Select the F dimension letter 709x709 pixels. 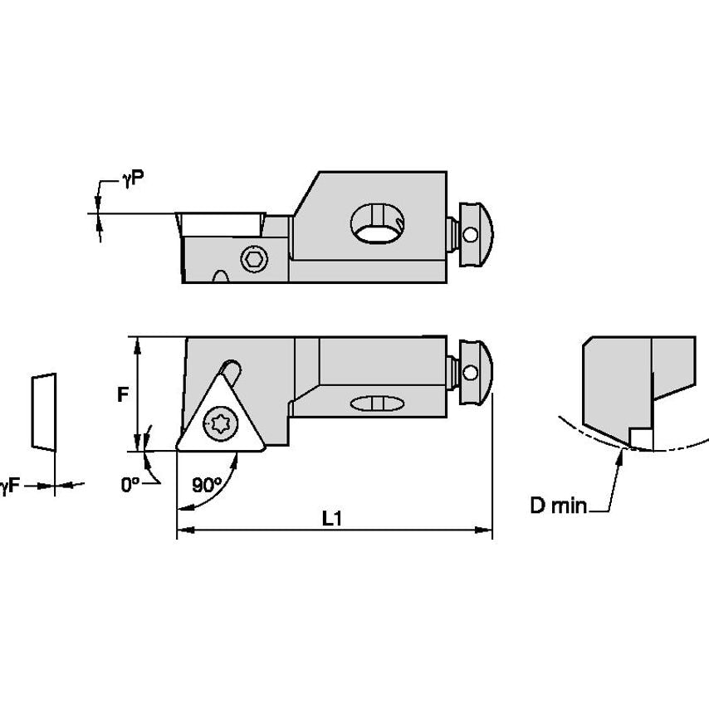pyautogui.click(x=122, y=395)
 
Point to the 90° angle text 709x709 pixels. pyautogui.click(x=208, y=485)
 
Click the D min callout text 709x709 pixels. pyautogui.click(x=558, y=506)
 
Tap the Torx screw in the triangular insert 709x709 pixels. pyautogui.click(x=222, y=423)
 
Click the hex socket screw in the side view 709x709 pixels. pyautogui.click(x=254, y=260)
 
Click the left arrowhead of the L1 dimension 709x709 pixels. pyautogui.click(x=183, y=529)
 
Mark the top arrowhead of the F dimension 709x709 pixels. pyautogui.click(x=137, y=342)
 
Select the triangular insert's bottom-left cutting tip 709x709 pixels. pyautogui.click(x=178, y=449)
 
